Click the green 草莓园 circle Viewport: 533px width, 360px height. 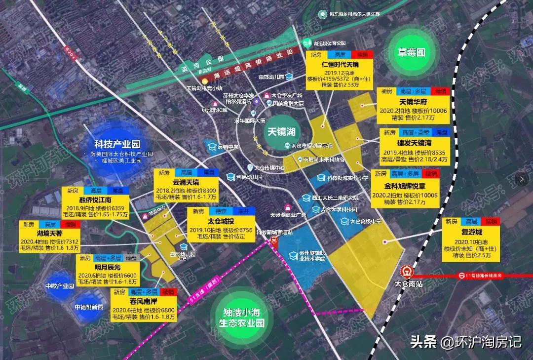(x=412, y=52)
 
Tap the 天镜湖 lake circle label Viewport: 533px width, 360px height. (x=281, y=132)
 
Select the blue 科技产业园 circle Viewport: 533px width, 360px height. (x=117, y=145)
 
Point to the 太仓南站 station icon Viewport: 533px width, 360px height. (x=406, y=272)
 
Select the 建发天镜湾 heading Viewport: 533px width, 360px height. (x=414, y=143)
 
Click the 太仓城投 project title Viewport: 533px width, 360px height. (x=221, y=221)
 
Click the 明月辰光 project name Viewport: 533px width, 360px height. (x=107, y=267)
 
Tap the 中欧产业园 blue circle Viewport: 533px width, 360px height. (x=59, y=286)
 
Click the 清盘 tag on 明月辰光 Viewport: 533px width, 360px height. (x=130, y=258)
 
